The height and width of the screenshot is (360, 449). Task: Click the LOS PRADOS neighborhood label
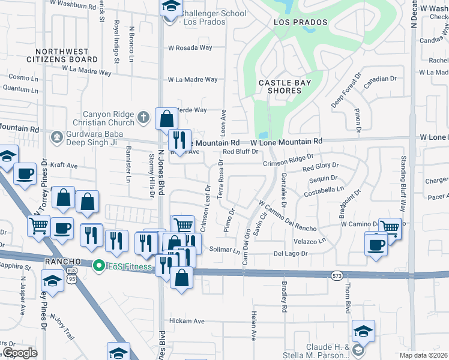[301, 22]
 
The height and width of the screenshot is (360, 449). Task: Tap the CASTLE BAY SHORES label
[280, 86]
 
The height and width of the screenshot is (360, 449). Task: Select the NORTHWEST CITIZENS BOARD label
[62, 56]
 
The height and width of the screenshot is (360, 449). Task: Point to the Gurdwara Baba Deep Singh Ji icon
[56, 137]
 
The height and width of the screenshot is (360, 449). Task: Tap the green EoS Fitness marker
[97, 264]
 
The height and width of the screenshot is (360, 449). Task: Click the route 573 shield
[337, 275]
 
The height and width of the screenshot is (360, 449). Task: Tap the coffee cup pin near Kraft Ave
[24, 173]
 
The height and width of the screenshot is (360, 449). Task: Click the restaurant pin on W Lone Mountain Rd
[179, 140]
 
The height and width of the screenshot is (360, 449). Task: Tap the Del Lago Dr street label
[291, 254]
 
